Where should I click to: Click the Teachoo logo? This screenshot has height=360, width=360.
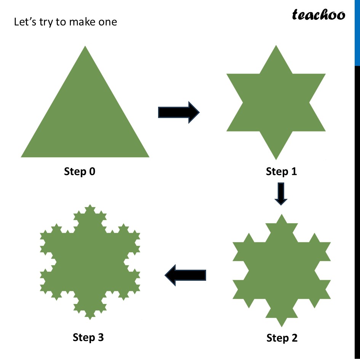coord(318,15)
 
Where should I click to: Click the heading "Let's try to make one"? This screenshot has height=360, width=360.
coord(65,22)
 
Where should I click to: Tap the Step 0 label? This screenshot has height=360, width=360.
coord(80,171)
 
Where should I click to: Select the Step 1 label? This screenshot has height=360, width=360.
coord(281,171)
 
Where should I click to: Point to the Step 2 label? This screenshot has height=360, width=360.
coord(282,338)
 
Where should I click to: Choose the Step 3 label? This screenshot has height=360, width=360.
coord(88,337)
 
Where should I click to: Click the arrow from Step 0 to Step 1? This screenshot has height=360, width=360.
coord(179,112)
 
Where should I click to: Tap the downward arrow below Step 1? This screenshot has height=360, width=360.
coord(281,194)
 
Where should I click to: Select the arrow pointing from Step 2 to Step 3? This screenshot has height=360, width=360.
coord(185,275)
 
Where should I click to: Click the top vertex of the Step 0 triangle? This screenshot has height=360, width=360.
coord(85,47)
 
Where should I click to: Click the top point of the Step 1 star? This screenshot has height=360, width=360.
coord(276,46)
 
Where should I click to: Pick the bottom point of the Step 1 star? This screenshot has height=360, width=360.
coord(276,158)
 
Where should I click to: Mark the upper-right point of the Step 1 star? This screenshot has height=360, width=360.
coord(324,75)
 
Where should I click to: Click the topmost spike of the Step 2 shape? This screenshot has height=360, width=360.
coord(282,215)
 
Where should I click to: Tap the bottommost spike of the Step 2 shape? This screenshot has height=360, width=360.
coord(282,326)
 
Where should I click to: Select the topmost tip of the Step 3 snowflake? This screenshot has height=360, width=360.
coord(90,206)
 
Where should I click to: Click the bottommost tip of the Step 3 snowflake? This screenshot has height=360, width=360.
coord(90,318)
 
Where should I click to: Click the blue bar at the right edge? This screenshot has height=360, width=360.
coord(357,32)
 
